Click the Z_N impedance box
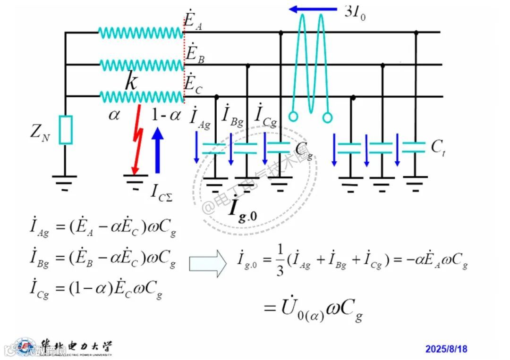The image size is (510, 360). pyautogui.click(x=66, y=129)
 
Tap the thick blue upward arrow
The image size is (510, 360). pyautogui.click(x=158, y=150)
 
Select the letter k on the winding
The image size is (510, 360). pyautogui.click(x=131, y=82)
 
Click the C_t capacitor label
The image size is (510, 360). pyautogui.click(x=438, y=147)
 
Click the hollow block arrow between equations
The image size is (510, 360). pyautogui.click(x=208, y=264)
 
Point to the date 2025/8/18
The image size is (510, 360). pyautogui.click(x=446, y=349)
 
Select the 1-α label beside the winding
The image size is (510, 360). pyautogui.click(x=166, y=115)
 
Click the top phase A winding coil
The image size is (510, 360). pyautogui.click(x=140, y=33)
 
